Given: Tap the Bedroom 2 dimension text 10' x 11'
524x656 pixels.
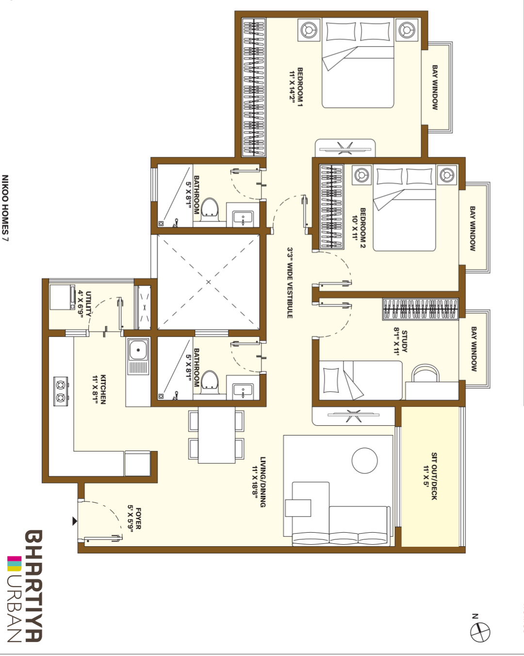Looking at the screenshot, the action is point(355,228).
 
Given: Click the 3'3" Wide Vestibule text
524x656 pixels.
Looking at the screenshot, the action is point(290,283).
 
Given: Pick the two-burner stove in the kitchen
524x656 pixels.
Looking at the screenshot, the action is point(61,391).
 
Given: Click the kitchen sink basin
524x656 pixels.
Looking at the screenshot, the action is point(138,350).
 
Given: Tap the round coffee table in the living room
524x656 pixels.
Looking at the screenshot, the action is point(365,461).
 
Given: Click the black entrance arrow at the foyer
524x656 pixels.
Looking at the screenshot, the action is point(75,521).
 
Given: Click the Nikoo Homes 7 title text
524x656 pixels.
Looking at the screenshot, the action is point(5,208).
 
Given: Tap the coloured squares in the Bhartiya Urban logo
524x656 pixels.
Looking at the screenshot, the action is point(15,563).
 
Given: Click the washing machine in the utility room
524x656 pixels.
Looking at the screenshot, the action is point(63,297).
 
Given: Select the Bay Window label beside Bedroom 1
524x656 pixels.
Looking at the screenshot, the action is point(435,87).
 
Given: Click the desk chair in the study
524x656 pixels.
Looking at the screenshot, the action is point(426,372).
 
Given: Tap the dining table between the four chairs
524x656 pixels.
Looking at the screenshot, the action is point(216,435).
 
